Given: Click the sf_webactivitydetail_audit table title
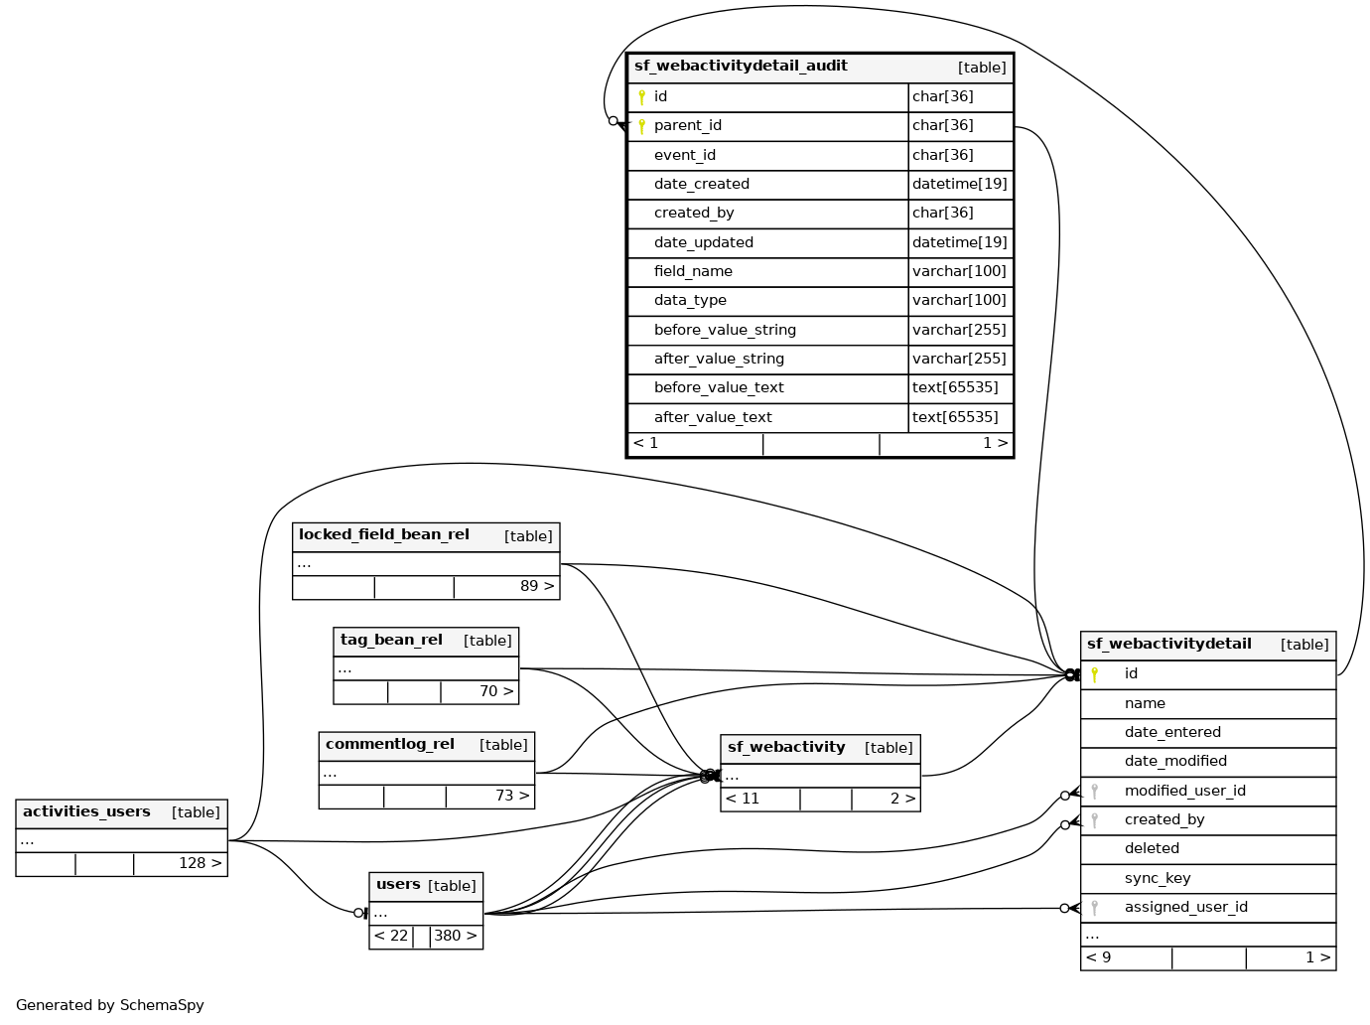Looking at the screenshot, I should click(741, 67).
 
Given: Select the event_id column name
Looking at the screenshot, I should click(684, 155).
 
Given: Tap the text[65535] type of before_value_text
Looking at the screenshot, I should click(955, 387).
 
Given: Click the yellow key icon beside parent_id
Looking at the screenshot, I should click(641, 126).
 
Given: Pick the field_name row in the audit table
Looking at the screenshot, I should click(693, 271).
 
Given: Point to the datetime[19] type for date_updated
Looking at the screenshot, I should click(959, 242).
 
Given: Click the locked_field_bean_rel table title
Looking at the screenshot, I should click(383, 534).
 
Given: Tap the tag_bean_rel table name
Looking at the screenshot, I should click(391, 640).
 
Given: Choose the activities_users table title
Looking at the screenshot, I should click(86, 811).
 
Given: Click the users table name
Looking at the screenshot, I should click(398, 884).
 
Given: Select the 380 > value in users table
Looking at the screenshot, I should click(455, 936).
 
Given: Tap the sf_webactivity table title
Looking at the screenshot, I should click(786, 747).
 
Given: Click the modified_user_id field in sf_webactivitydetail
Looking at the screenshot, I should click(1184, 791).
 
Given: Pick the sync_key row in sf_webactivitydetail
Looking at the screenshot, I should click(1157, 878).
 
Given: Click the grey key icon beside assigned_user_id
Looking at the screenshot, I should click(1094, 907).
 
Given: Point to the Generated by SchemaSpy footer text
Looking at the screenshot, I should click(110, 1005).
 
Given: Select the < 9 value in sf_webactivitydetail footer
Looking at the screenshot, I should click(1098, 957).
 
